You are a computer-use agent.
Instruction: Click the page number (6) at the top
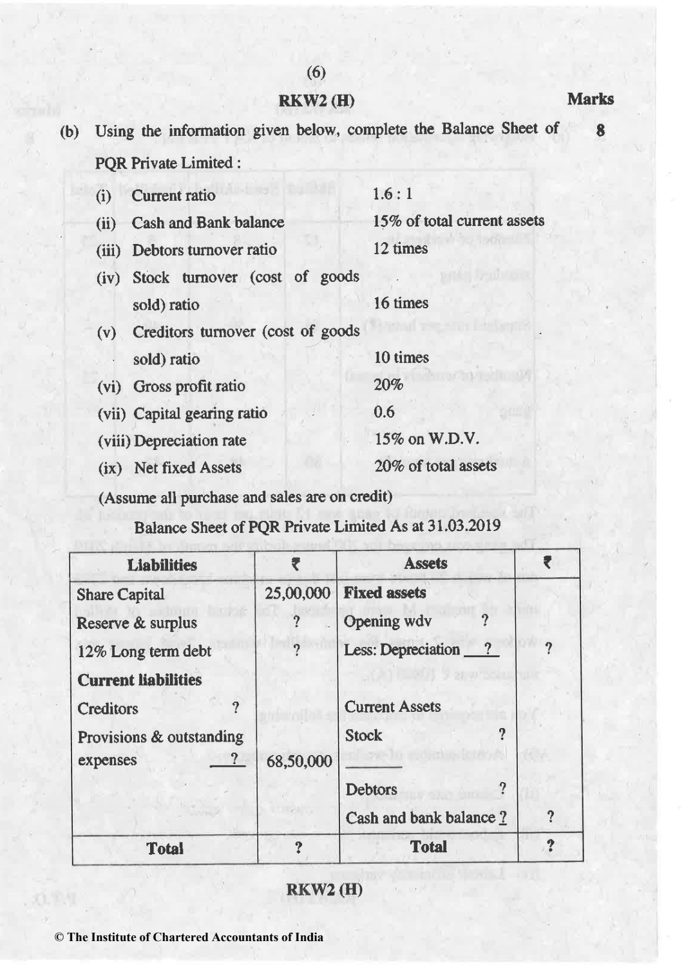[316, 73]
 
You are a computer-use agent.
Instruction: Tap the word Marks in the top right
[590, 99]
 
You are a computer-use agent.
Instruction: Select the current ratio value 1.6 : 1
[392, 194]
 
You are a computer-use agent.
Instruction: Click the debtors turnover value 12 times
[400, 248]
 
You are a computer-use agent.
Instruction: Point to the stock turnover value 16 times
[401, 303]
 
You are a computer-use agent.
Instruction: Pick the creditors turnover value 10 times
[401, 357]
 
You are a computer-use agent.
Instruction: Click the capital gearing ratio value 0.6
[385, 412]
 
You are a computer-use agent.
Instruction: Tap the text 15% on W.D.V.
[426, 439]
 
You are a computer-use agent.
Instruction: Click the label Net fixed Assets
[187, 467]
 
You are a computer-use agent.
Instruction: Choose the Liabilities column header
[162, 565]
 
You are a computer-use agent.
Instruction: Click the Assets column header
[426, 563]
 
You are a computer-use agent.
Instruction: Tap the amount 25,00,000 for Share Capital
[298, 593]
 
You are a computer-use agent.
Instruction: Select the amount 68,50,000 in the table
[299, 762]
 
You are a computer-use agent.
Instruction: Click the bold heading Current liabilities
[139, 680]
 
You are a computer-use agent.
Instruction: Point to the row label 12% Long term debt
[144, 651]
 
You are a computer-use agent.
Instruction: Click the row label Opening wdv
[387, 621]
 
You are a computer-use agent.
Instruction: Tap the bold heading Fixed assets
[385, 592]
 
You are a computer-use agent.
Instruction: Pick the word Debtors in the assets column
[371, 789]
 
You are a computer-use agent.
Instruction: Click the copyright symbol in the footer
[59, 937]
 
